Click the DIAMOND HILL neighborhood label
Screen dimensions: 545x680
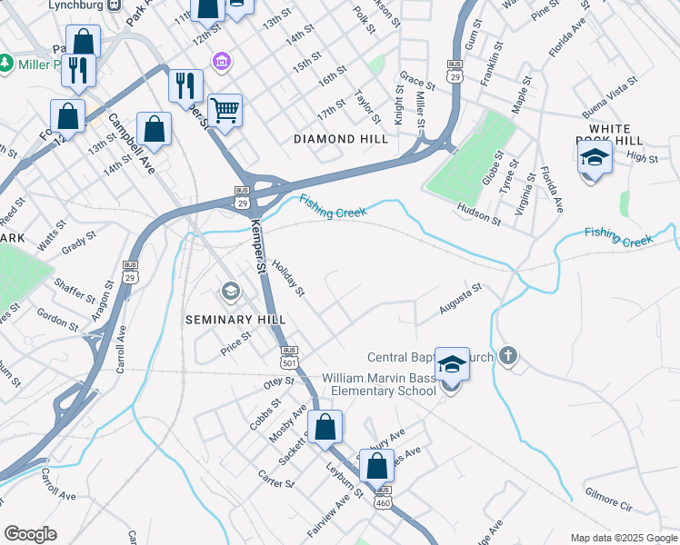point(341,139)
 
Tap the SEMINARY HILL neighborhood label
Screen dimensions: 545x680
point(235,320)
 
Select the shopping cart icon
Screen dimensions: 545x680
point(225,111)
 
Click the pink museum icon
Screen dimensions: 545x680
point(220,62)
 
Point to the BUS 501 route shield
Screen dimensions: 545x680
point(289,355)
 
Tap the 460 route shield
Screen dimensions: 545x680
point(384,496)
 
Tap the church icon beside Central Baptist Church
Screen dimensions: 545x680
point(508,357)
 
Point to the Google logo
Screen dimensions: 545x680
point(30,534)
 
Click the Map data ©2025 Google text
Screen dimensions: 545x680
point(623,538)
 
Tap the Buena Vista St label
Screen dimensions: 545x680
point(607,105)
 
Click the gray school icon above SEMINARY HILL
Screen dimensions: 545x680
point(229,292)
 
